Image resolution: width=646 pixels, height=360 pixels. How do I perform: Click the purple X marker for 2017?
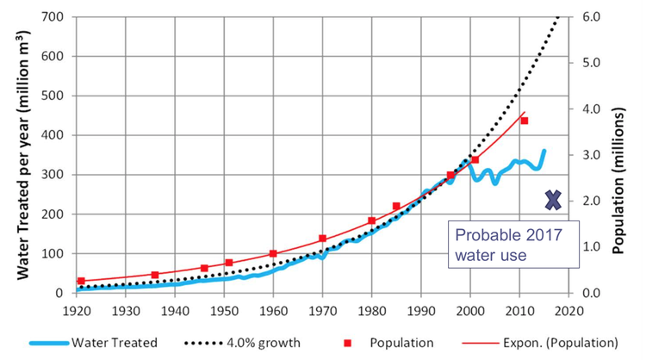point(554,200)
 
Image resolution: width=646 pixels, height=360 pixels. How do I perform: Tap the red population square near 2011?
point(524,121)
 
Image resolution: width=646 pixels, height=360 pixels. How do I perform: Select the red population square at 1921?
point(81,281)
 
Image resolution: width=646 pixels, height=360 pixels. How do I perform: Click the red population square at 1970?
point(322,239)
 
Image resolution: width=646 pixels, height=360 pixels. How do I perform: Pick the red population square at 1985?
point(396,206)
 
